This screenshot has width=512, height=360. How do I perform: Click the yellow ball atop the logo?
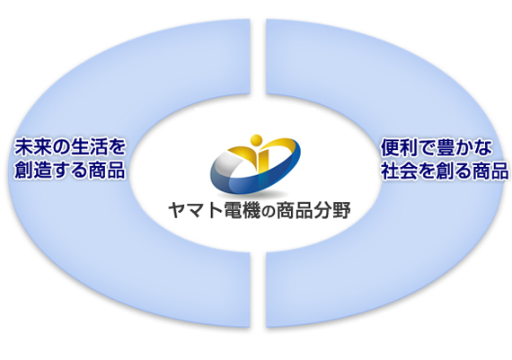pos(256,140)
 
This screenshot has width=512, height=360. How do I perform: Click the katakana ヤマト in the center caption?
pos(195,210)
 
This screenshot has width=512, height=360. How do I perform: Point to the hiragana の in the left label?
pos(52,148)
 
